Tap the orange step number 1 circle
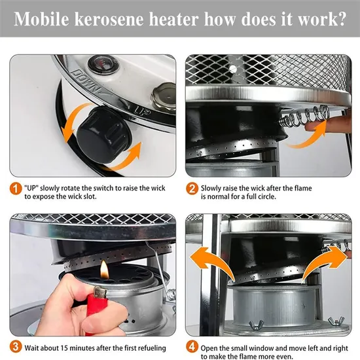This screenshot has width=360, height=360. (16, 189)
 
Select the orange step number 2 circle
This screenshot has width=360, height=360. (192, 189)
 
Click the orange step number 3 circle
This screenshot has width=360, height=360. (16, 347)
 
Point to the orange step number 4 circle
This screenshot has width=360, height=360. (192, 347)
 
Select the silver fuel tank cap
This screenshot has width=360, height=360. (164, 97)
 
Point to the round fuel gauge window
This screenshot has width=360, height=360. (103, 64)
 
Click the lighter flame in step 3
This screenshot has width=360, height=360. (104, 270)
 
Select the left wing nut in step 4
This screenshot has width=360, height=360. (256, 325)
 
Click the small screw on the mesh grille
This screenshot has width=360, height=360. (232, 69)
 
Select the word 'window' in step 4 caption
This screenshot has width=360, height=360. (261, 348)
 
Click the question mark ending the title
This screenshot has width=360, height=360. (342, 19)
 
